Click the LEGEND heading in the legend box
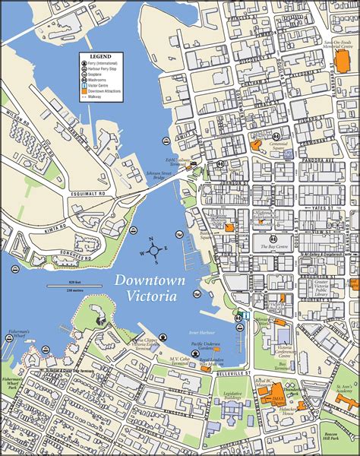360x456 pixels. [x=100, y=57]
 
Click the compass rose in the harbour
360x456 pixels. [x=152, y=250]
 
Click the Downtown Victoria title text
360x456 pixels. [x=150, y=288]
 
